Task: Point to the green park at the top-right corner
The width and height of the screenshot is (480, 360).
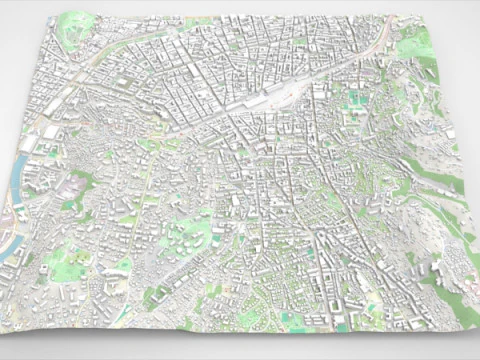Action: tap(412, 42)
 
